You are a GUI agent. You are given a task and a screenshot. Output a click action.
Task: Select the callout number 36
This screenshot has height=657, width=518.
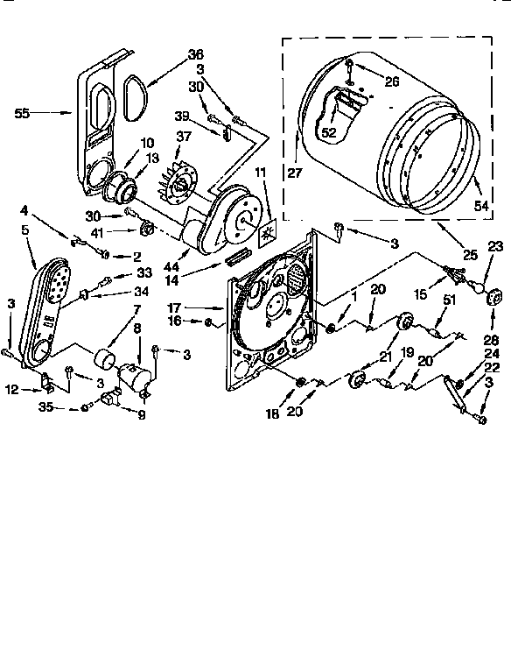pyautogui.click(x=195, y=54)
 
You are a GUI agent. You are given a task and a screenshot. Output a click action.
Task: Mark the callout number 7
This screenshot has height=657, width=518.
pyautogui.click(x=136, y=310)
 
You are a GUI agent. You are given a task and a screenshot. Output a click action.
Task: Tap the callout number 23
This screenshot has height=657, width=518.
pyautogui.click(x=495, y=247)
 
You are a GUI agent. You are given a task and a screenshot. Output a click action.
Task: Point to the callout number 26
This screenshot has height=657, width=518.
pyautogui.click(x=391, y=82)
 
